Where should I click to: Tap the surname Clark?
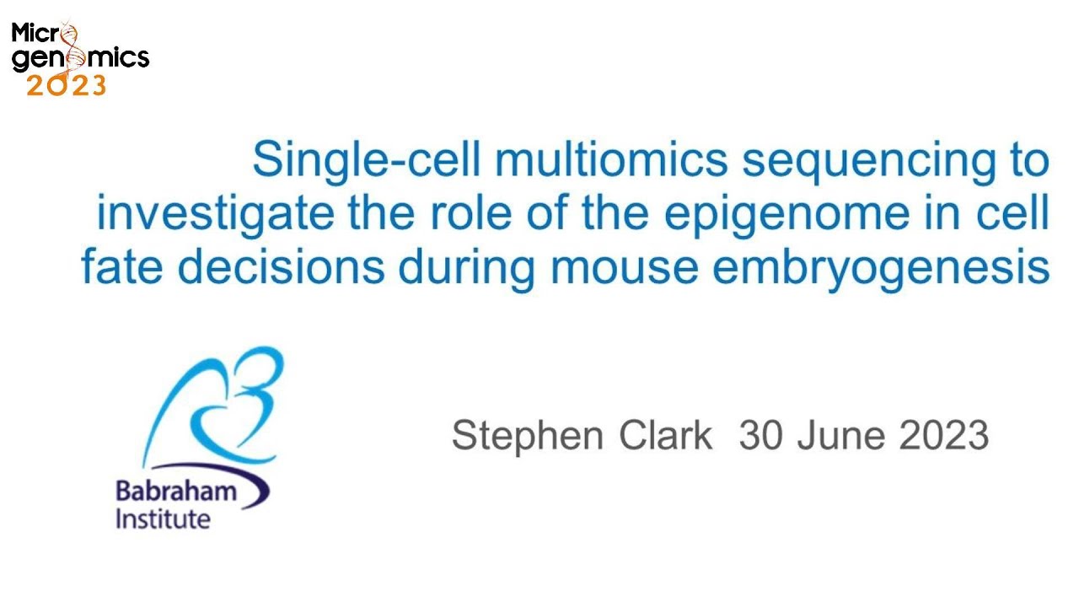point(666,435)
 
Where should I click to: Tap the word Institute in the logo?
point(162,518)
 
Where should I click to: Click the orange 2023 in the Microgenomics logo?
point(67,85)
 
